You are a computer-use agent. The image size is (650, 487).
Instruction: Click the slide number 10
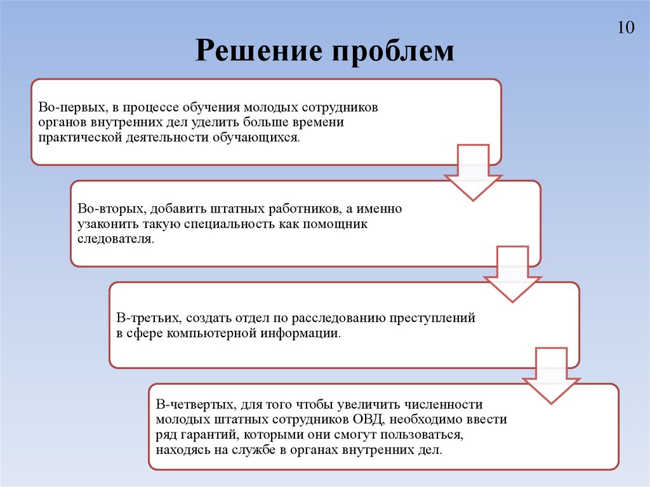(x=625, y=28)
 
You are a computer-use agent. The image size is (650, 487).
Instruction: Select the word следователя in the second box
(x=115, y=239)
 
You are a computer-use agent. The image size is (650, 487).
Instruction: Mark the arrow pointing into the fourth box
(x=551, y=375)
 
